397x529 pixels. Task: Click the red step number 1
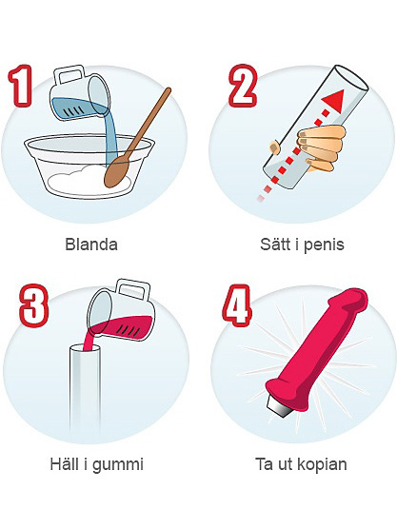(21, 86)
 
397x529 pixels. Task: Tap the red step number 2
(244, 86)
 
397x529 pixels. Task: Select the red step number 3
(33, 305)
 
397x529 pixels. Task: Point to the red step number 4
(237, 305)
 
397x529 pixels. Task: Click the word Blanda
(91, 244)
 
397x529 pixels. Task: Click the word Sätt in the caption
(276, 244)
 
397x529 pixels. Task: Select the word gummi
(118, 465)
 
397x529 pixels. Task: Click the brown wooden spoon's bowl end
(116, 173)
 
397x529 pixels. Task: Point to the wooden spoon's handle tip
(169, 90)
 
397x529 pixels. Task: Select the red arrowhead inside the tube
(334, 101)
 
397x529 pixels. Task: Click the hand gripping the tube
(319, 147)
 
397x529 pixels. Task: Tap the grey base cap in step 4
(279, 405)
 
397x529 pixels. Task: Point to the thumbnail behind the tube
(275, 147)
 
